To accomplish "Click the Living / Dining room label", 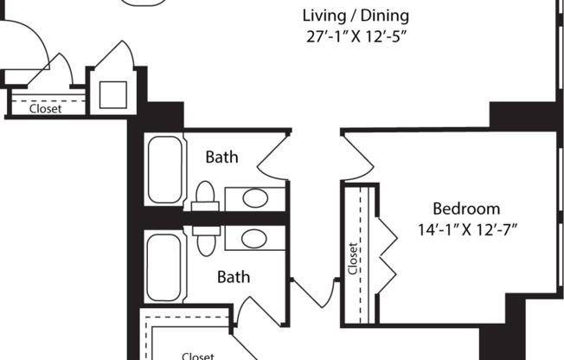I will (356, 16).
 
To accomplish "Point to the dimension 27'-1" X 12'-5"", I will (356, 38).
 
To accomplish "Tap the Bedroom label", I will (466, 209).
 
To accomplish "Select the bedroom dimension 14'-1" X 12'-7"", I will (466, 231).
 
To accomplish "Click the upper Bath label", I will (221, 157).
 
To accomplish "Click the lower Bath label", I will (233, 277).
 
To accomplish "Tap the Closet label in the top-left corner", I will (46, 109).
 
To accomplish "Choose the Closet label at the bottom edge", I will (198, 355).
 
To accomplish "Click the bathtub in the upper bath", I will (164, 169).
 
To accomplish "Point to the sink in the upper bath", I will (254, 198).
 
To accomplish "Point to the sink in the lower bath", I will (254, 238).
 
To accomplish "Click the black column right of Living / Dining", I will (522, 115).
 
